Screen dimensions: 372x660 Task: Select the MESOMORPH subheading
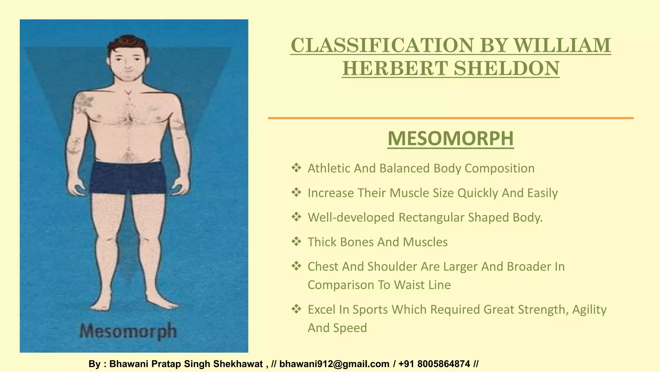(451, 139)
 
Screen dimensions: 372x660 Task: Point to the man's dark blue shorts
(128, 178)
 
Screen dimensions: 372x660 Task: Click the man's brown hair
(127, 43)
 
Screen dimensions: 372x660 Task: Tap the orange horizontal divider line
(451, 118)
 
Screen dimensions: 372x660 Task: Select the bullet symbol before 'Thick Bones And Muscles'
(296, 241)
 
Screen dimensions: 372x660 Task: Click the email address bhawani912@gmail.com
(334, 364)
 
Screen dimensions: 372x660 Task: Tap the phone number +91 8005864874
(434, 364)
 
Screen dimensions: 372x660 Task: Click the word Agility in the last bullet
(589, 309)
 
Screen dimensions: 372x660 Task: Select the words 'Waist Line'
(422, 285)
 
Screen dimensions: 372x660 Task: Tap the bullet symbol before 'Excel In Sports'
(296, 309)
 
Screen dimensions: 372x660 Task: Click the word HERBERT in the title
(395, 68)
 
